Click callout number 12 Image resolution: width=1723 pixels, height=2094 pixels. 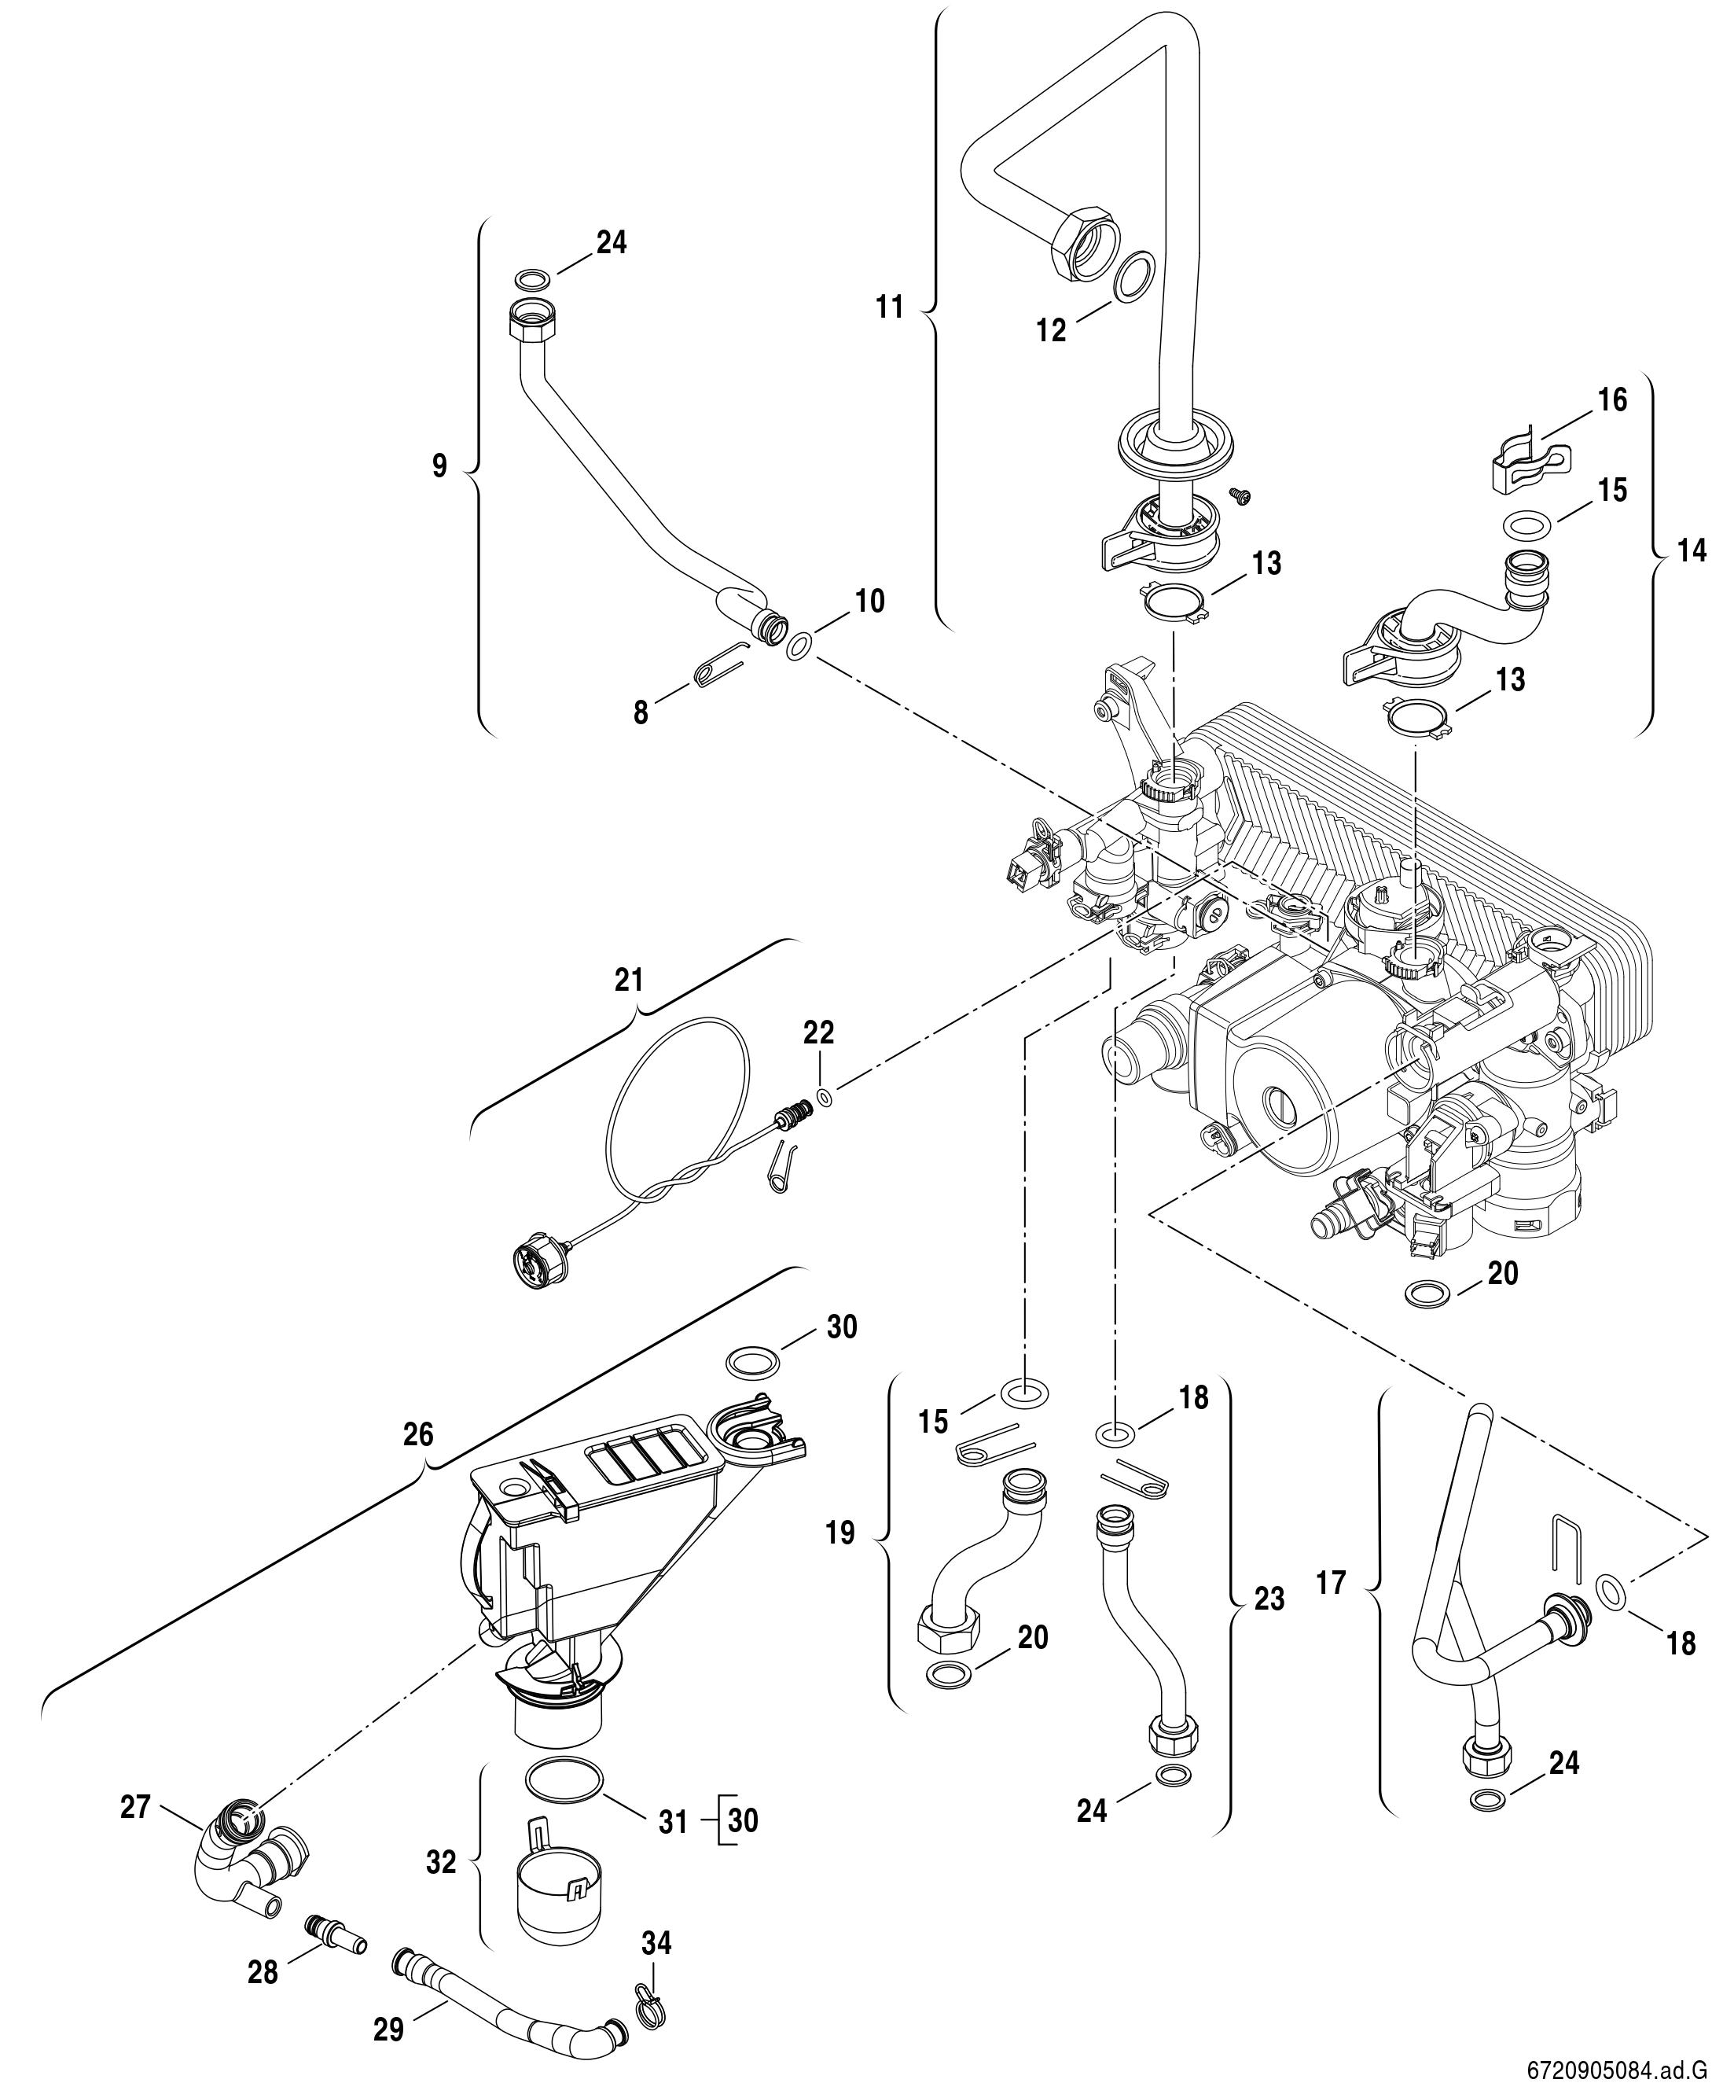1050,330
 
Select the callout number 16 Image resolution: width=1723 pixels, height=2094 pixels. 1613,400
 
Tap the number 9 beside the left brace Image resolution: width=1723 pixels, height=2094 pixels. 439,466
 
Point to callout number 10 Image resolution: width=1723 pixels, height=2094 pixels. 869,601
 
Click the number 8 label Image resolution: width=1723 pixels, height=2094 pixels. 641,712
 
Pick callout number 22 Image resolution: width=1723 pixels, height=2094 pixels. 819,1032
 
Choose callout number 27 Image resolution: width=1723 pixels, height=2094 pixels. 135,1807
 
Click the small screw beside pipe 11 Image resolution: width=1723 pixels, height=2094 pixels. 1239,494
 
